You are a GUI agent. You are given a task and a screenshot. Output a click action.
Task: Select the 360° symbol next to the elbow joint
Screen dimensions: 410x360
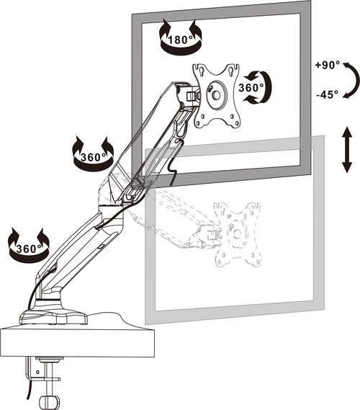93,153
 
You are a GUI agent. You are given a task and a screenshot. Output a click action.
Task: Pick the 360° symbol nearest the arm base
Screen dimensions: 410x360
27,245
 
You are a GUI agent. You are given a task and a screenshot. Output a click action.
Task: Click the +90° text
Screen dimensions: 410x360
327,66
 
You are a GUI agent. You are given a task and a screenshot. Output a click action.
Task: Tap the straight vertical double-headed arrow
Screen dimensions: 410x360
346,150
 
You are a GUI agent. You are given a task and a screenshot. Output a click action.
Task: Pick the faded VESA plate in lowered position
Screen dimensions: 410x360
237,232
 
